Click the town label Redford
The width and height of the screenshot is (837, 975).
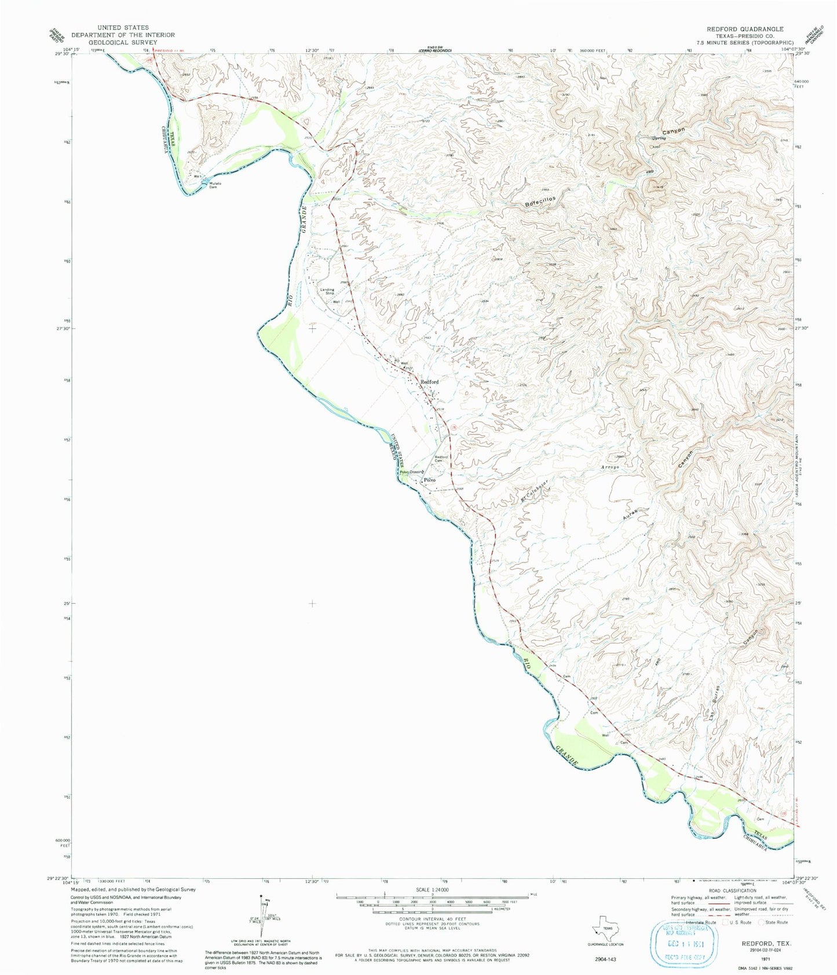(429, 382)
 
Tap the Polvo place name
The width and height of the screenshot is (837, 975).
(429, 480)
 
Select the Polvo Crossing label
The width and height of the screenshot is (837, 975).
(412, 472)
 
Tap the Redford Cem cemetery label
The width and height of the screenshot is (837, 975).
(442, 459)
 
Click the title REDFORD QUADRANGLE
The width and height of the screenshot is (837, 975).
(744, 29)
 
